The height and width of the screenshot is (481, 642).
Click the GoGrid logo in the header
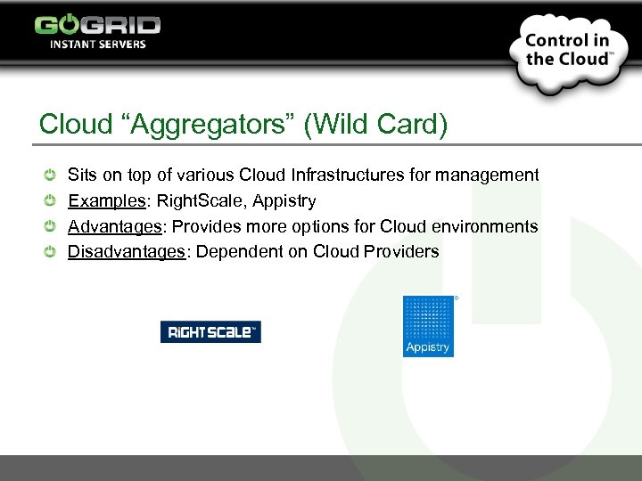click(97, 24)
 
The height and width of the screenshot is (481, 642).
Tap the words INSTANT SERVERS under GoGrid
click(97, 44)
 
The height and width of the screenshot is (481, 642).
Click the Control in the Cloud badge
click(567, 50)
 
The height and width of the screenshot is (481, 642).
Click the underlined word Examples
click(107, 200)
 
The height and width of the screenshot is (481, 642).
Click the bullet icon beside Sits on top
click(52, 175)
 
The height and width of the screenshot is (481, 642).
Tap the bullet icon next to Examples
click(52, 201)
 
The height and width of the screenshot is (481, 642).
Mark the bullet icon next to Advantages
click(52, 226)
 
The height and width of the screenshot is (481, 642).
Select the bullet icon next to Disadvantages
click(52, 252)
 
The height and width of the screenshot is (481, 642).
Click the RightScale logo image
click(210, 332)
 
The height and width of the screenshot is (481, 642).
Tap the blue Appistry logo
click(428, 326)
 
